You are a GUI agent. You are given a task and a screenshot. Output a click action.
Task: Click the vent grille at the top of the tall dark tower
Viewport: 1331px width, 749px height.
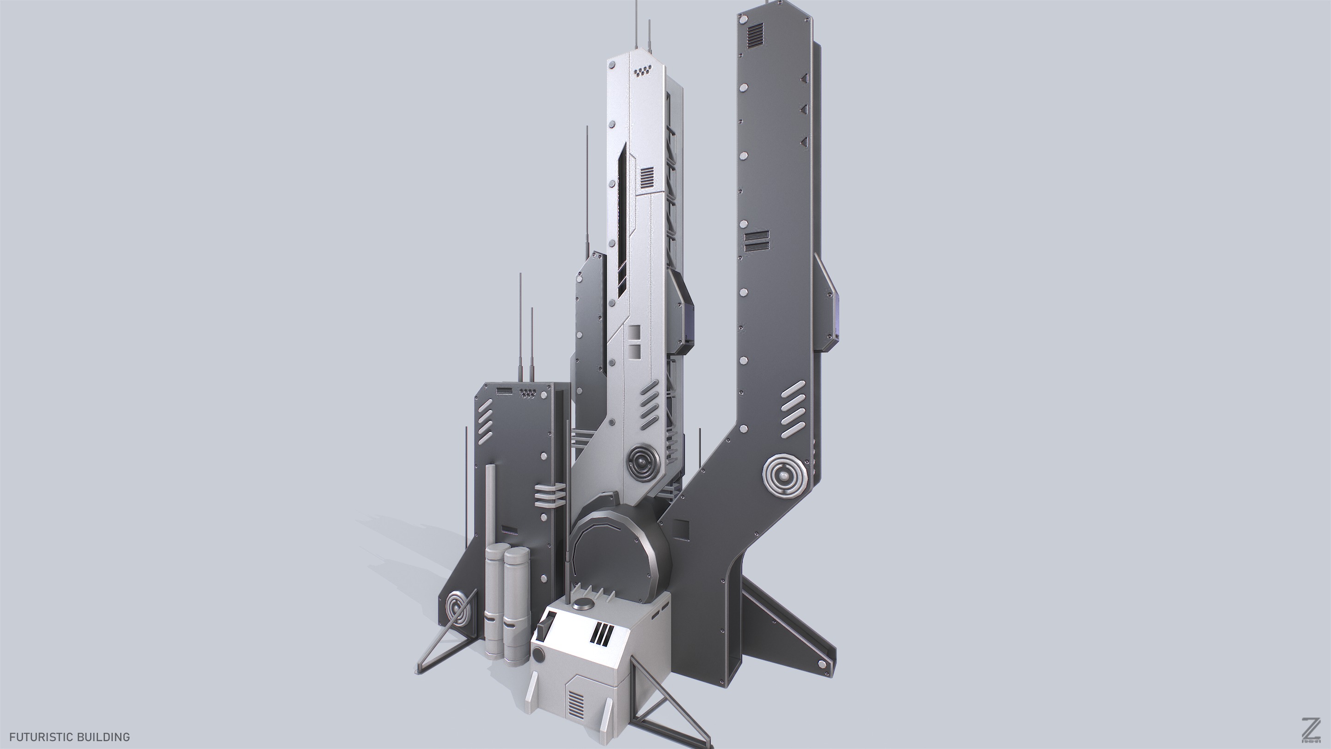pos(755,36)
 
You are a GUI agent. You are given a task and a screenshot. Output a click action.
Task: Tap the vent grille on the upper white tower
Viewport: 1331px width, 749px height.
pos(647,177)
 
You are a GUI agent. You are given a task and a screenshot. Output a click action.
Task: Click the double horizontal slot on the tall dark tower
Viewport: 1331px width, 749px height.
pos(757,241)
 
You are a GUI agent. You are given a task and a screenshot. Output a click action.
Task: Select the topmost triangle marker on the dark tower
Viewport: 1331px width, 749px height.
pos(804,78)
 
